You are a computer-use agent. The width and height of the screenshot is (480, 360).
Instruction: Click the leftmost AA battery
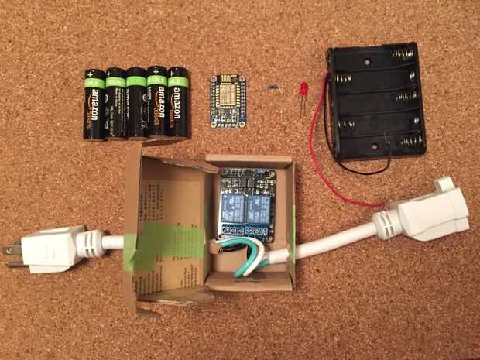(x=94, y=104)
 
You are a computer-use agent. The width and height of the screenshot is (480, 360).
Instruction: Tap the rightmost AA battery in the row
(x=179, y=103)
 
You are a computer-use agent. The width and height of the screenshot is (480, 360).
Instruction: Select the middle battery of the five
(x=136, y=104)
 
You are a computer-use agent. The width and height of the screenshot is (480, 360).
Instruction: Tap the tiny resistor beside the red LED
(x=273, y=87)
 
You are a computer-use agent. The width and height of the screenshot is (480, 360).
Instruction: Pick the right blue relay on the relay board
(x=258, y=204)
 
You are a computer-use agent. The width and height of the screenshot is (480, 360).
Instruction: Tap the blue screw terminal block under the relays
(x=245, y=230)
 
